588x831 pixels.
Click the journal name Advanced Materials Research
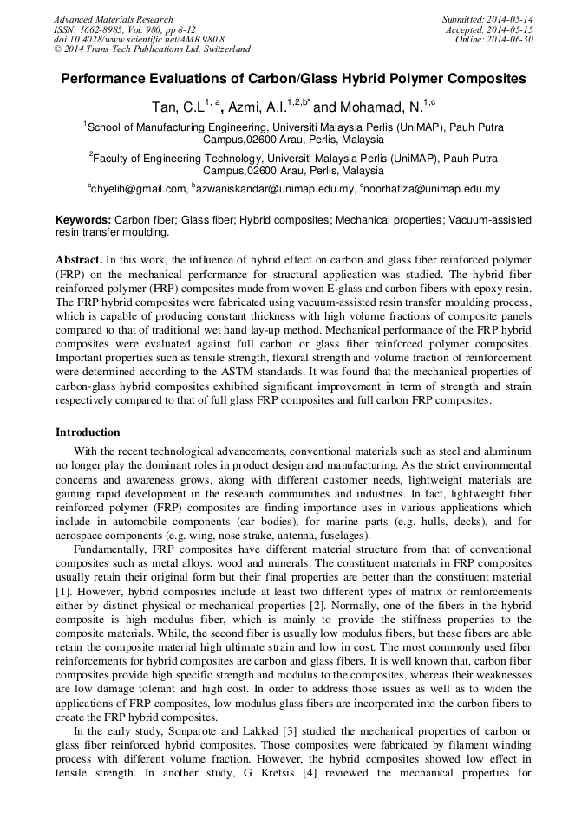coord(113,19)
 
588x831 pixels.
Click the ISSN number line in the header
coord(123,29)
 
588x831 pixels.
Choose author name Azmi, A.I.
coord(258,107)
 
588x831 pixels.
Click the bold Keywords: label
coord(83,220)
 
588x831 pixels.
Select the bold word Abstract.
coord(79,260)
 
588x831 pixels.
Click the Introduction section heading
coord(88,432)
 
